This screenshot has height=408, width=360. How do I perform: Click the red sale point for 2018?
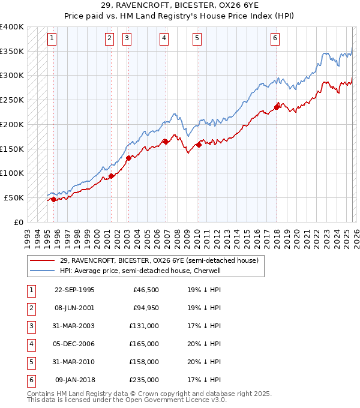click(277, 107)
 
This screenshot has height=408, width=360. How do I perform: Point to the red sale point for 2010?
click(199, 145)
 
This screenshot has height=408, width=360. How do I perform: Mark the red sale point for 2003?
click(128, 158)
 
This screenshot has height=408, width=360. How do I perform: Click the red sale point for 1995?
click(54, 199)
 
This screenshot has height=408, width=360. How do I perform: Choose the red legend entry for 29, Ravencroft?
click(159, 260)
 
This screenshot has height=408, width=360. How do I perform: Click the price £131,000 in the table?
click(145, 326)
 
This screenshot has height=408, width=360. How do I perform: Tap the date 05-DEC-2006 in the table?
click(74, 344)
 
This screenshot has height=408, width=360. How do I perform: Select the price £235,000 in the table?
click(145, 380)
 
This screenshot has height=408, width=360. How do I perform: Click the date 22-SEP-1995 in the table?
click(74, 290)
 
